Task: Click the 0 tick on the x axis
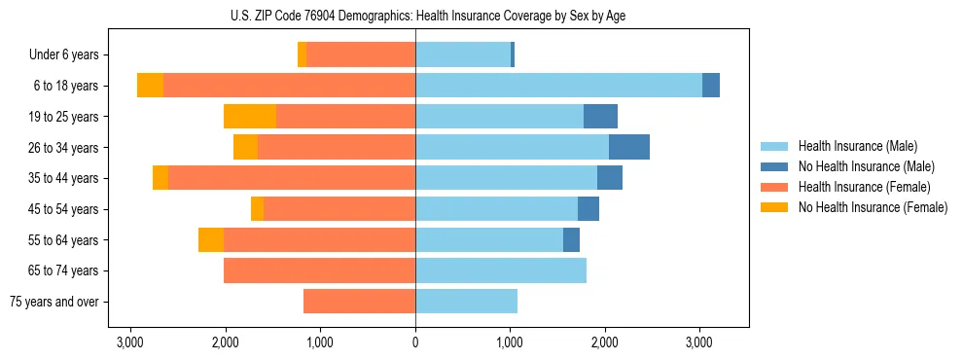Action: (415, 342)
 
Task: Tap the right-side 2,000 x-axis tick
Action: (605, 342)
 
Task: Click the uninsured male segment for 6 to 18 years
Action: (711, 86)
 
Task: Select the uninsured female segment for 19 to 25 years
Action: (250, 117)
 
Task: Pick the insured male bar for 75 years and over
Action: (466, 302)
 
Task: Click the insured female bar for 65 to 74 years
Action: (319, 270)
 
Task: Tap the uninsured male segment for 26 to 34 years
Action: (629, 147)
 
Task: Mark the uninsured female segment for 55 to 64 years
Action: (211, 239)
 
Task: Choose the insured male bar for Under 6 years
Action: (463, 55)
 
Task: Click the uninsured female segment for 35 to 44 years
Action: (160, 178)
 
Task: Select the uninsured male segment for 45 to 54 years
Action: (588, 209)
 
